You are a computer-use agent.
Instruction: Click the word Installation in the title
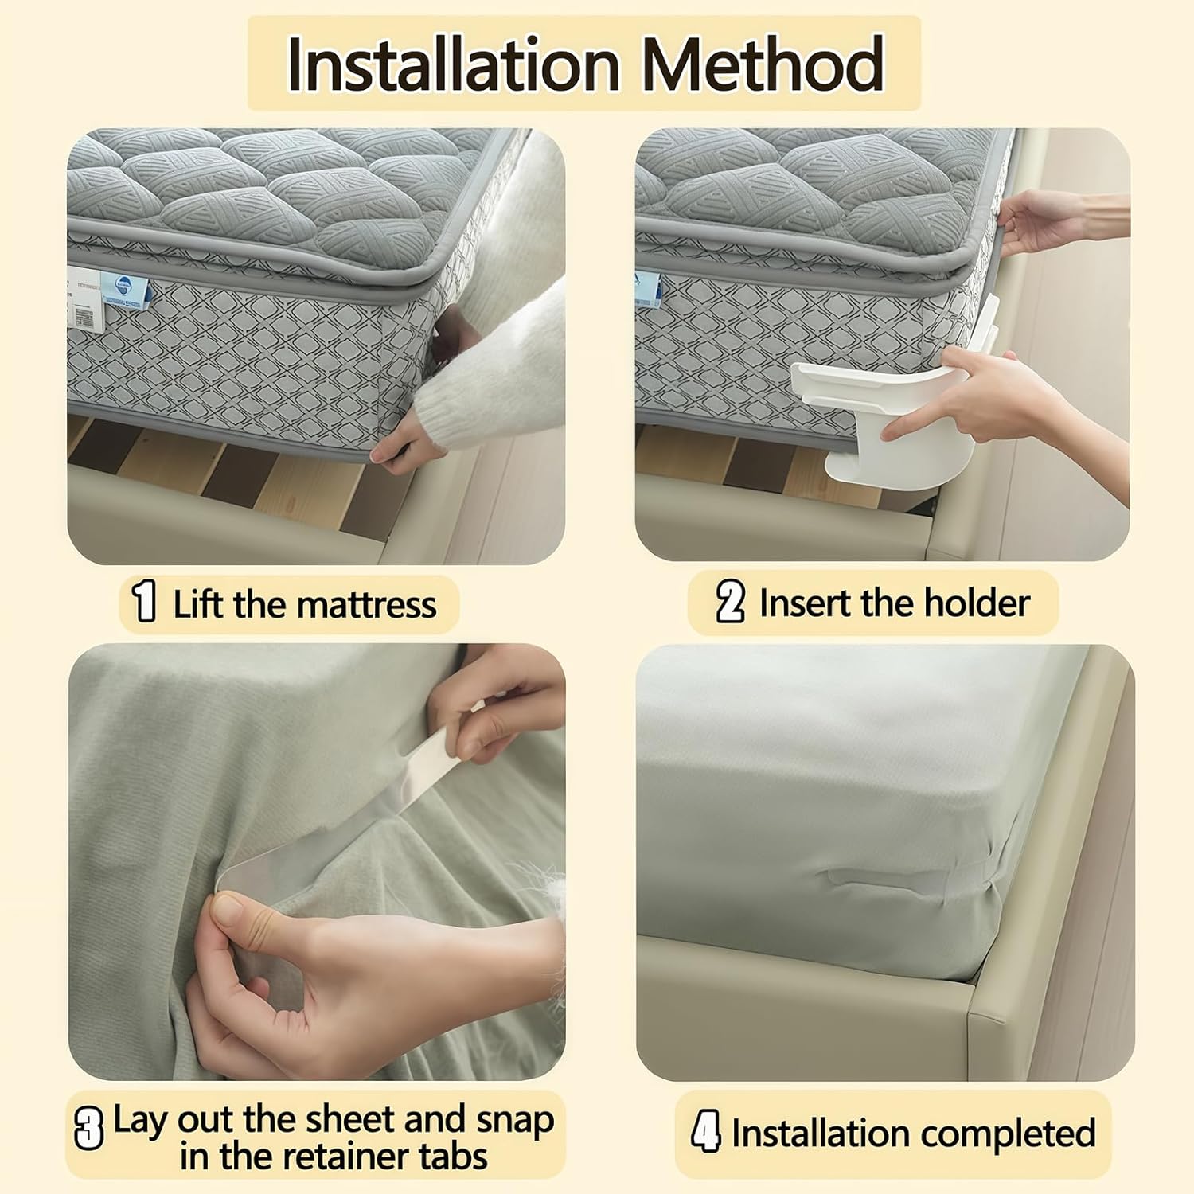pos(453,64)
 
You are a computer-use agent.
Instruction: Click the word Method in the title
pos(763,64)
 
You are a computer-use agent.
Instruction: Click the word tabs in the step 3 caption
pos(455,1157)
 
